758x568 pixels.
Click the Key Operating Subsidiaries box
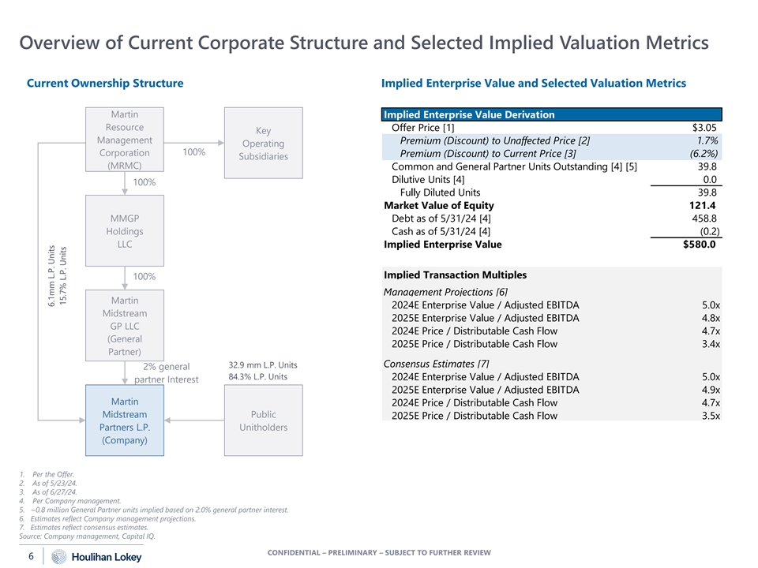(x=263, y=144)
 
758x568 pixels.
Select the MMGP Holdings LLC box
(x=125, y=230)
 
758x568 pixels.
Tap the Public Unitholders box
(x=263, y=420)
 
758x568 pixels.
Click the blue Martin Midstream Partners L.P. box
(x=125, y=420)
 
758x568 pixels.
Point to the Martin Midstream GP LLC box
(x=125, y=326)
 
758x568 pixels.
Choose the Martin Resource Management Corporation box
(x=125, y=140)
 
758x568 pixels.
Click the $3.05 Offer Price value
(x=704, y=128)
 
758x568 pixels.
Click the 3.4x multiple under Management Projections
(x=710, y=344)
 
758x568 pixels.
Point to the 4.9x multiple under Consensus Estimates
(x=710, y=390)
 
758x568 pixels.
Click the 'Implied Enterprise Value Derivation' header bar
(x=551, y=114)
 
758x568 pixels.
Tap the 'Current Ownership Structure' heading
(x=105, y=83)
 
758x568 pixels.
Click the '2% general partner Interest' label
(x=167, y=372)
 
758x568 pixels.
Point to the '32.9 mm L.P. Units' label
(x=262, y=365)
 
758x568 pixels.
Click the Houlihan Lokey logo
(x=97, y=557)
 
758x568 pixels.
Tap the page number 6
(x=31, y=557)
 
